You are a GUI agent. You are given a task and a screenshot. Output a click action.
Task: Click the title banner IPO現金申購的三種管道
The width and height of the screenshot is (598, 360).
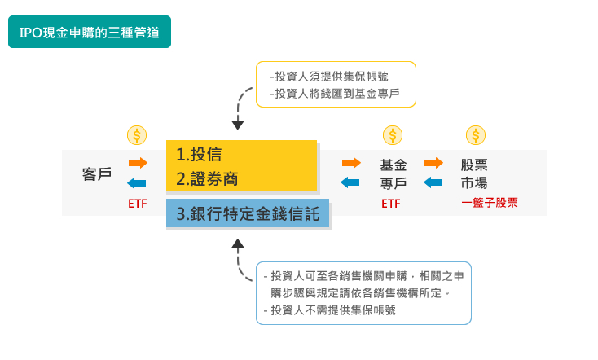click(x=89, y=33)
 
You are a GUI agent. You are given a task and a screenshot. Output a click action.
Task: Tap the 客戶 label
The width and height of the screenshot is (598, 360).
click(x=97, y=173)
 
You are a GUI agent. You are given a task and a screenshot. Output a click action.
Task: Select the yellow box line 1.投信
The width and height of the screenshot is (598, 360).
click(x=200, y=155)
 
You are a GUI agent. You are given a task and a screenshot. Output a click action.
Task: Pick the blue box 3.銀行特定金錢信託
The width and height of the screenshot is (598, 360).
click(x=248, y=214)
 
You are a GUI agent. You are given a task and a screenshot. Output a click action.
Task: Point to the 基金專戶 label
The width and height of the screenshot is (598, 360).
click(x=394, y=173)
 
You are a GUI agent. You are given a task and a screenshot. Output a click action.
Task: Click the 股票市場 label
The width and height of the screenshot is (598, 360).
click(x=474, y=173)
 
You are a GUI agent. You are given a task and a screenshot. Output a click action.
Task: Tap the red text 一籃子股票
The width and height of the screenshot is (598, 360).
click(x=490, y=203)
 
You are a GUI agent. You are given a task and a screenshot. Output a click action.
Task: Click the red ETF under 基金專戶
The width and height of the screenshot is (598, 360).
click(x=391, y=204)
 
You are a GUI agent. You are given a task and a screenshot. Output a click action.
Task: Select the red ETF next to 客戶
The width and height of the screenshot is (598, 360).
click(x=138, y=204)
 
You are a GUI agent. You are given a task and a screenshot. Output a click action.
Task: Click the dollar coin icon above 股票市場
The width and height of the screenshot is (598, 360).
click(x=475, y=134)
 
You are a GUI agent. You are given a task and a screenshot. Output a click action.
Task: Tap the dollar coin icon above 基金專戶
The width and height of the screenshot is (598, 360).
click(x=393, y=134)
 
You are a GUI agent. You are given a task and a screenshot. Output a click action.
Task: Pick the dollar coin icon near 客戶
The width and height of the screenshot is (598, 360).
click(x=137, y=134)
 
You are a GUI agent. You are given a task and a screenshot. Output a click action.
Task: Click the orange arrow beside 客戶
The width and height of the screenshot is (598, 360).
click(x=138, y=163)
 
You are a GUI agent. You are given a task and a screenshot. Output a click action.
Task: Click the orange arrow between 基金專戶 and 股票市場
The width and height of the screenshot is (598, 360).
click(x=433, y=163)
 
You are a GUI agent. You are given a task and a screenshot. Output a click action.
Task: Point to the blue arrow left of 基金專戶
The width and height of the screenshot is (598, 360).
click(x=350, y=182)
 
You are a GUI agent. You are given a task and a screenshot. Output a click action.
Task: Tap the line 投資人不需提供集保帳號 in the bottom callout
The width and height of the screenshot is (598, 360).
click(x=329, y=310)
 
